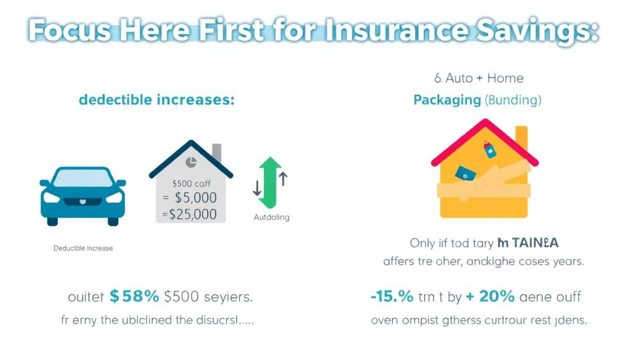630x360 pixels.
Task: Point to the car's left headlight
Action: (x=54, y=198)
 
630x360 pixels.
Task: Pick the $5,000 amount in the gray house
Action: (x=196, y=198)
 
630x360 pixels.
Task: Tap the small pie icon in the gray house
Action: (x=191, y=163)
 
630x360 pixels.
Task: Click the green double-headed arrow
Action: (x=269, y=182)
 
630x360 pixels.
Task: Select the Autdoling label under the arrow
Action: (x=271, y=217)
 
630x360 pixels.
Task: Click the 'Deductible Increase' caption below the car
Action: (x=82, y=249)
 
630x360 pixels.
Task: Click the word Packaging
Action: (x=447, y=99)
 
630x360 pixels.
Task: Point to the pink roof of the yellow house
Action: (x=476, y=131)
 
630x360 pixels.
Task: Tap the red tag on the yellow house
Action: (x=490, y=150)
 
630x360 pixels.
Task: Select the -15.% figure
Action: (x=391, y=296)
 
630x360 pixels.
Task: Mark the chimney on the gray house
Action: (x=217, y=153)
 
